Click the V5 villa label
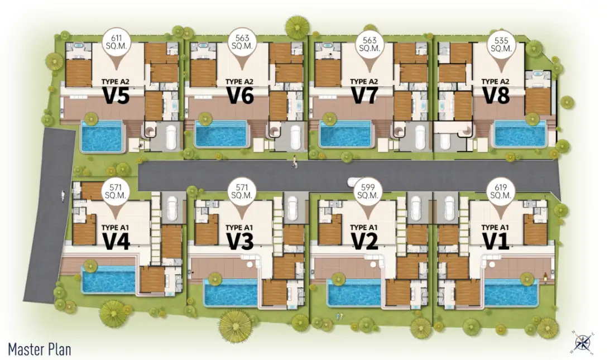(x=116, y=95)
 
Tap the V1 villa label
(x=495, y=241)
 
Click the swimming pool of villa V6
(x=221, y=134)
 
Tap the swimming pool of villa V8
(x=520, y=134)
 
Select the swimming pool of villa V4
(x=109, y=280)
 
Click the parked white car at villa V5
(x=171, y=137)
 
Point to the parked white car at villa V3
(x=292, y=208)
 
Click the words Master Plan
(x=40, y=349)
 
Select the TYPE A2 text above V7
(x=364, y=81)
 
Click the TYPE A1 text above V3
(x=239, y=228)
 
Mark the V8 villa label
(x=496, y=95)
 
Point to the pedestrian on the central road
(x=295, y=162)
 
